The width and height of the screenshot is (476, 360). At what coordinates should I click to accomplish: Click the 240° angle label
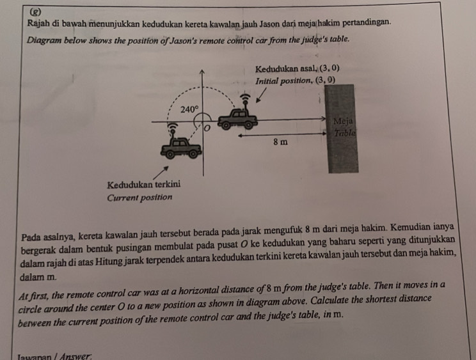pos(189,109)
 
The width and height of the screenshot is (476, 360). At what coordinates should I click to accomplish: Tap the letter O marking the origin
pos(206,130)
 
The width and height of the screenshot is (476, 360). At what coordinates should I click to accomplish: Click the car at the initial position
pos(239,119)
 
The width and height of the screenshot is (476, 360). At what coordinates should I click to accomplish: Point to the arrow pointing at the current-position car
pos(161,170)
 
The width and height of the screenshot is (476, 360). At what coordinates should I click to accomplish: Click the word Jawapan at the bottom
pos(38,356)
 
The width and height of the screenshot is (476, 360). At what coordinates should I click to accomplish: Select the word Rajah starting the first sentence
pos(40,23)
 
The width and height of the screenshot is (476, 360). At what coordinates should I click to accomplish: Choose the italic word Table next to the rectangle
pos(344,133)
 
